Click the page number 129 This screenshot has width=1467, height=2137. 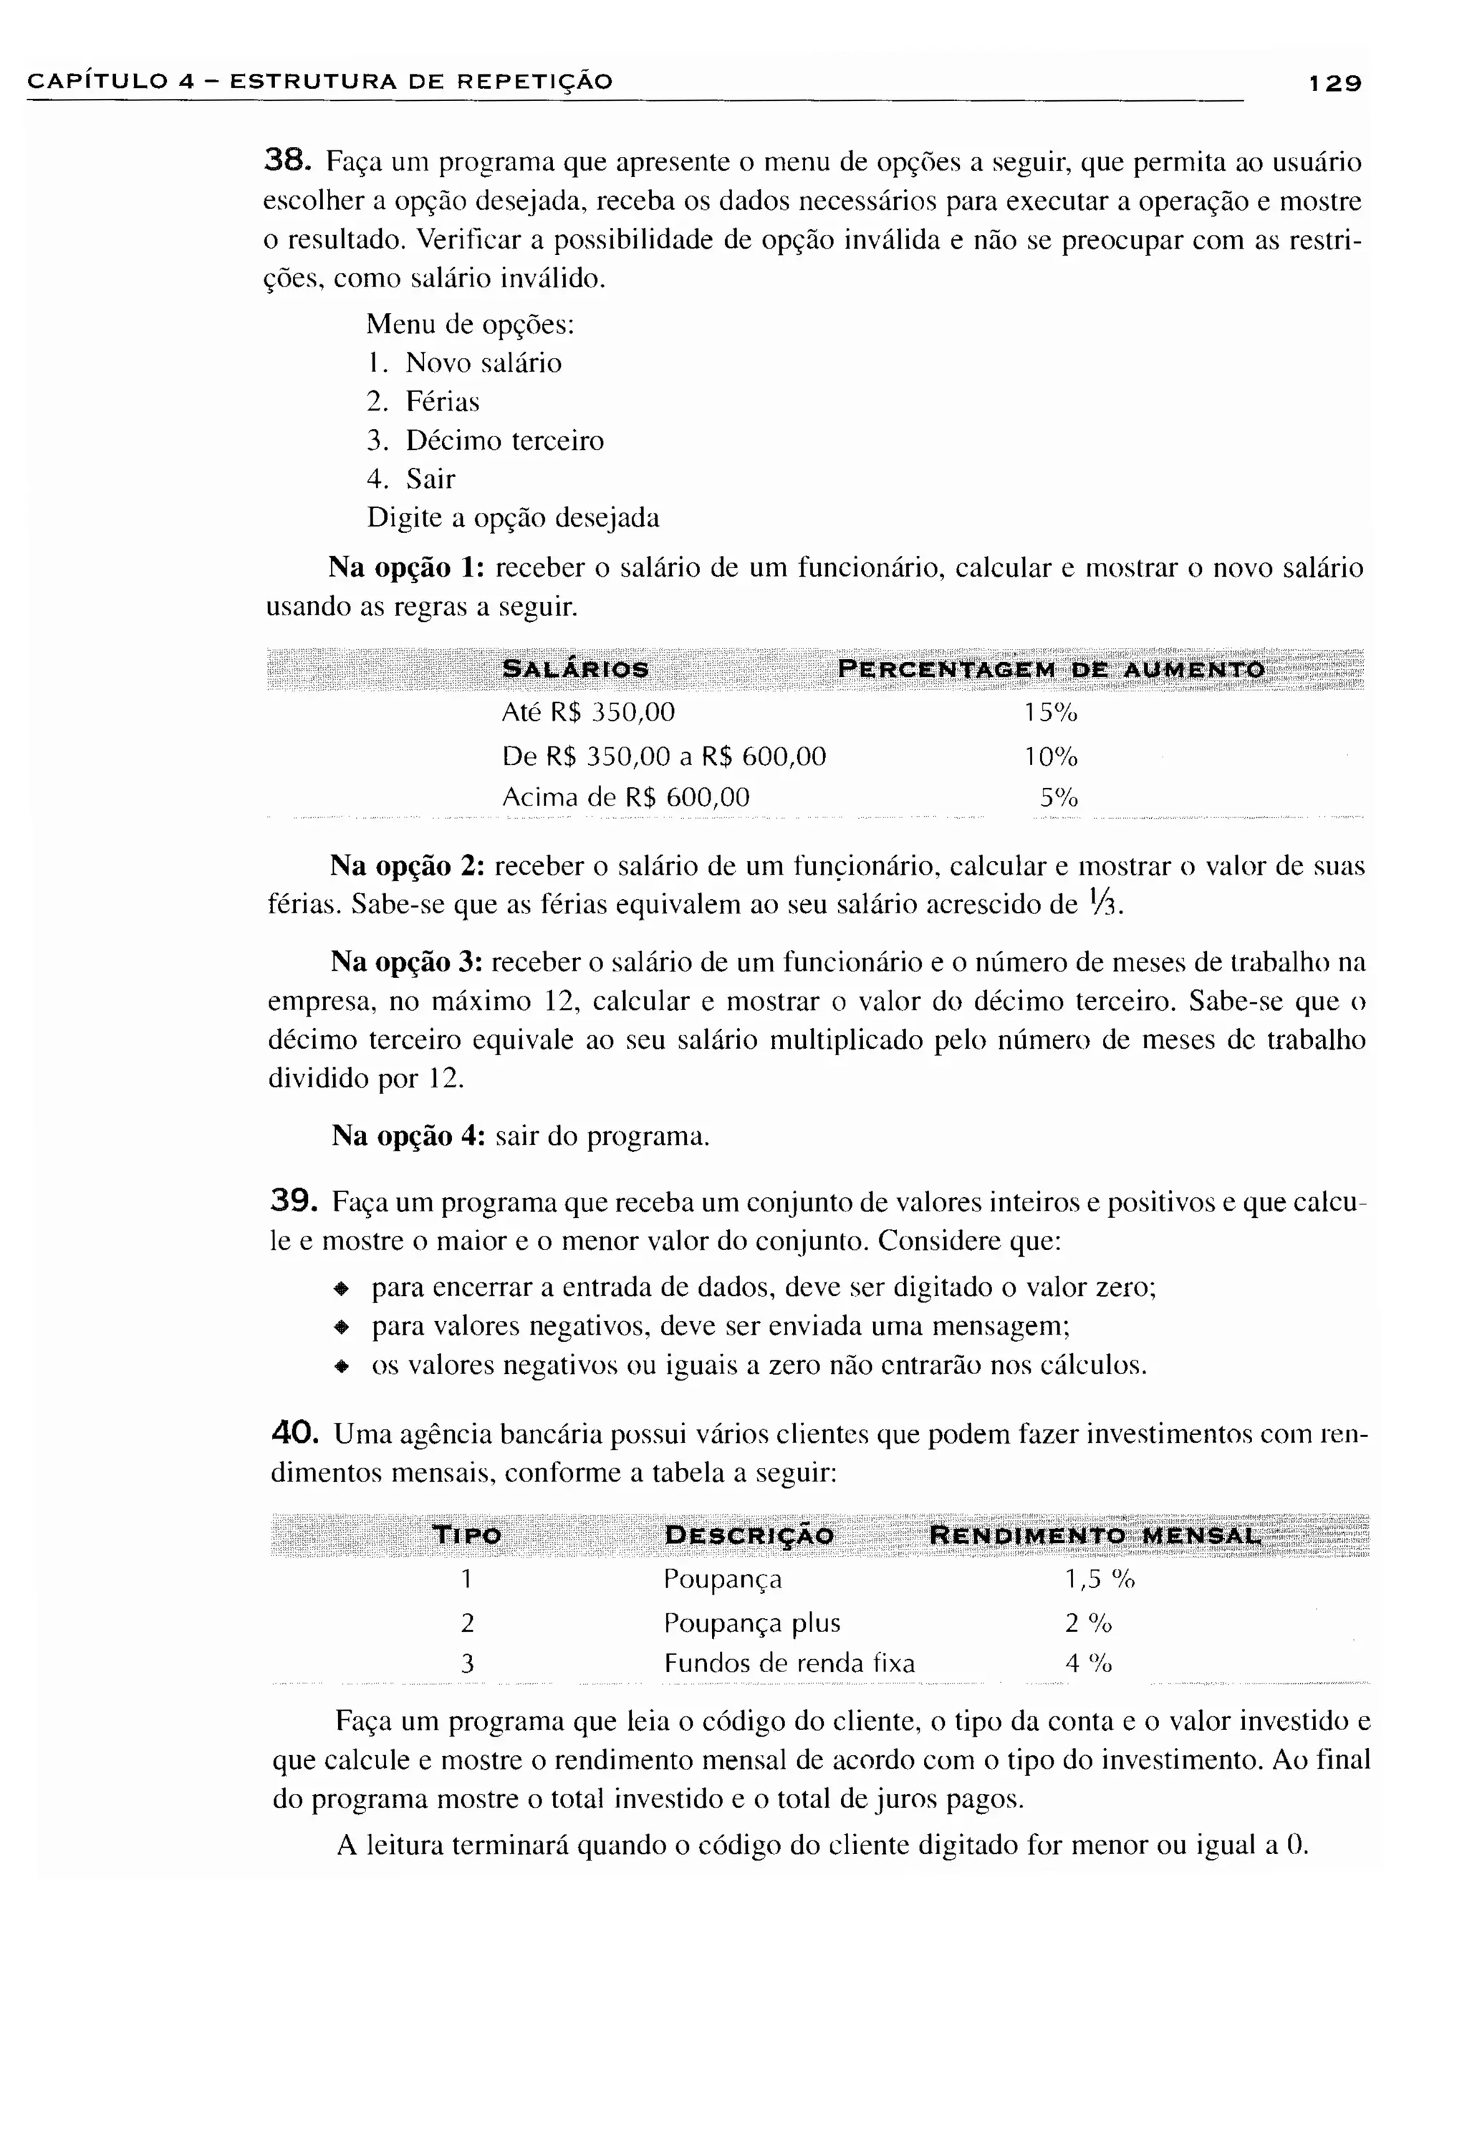1334,83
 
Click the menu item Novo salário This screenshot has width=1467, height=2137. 483,363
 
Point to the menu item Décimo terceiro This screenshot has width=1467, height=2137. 504,441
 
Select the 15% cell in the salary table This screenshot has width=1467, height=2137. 1049,713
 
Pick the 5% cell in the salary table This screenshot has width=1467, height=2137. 1058,797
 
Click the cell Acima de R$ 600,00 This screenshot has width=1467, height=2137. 625,797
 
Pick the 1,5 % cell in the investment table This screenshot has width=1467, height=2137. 1098,1580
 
